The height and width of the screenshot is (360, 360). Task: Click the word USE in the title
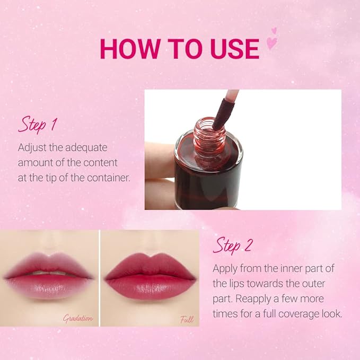tap(234, 49)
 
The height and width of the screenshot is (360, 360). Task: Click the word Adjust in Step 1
tap(32, 147)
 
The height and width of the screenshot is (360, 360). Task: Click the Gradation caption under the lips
tap(78, 319)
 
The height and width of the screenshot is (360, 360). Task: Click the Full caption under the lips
tap(187, 319)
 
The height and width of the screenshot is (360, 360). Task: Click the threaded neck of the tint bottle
tap(208, 143)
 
